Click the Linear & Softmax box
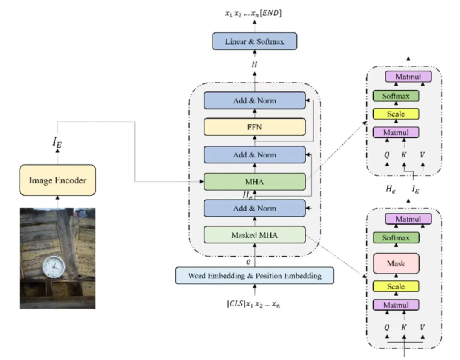pos(254,42)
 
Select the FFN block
pos(255,127)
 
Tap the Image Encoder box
pos(57,180)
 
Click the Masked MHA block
pos(255,235)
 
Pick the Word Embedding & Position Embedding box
pos(255,276)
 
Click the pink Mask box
pos(396,263)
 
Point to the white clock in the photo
pos(54,267)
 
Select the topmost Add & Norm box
pos(255,101)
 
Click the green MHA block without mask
pos(255,182)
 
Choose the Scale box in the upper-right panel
pos(396,114)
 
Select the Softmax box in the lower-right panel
pos(396,238)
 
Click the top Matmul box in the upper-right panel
pos(408,77)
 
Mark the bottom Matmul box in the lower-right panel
pos(396,305)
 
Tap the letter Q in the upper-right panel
pos(387,155)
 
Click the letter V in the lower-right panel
pos(422,328)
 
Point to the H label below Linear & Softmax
pos(255,64)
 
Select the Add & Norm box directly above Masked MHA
pos(255,209)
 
